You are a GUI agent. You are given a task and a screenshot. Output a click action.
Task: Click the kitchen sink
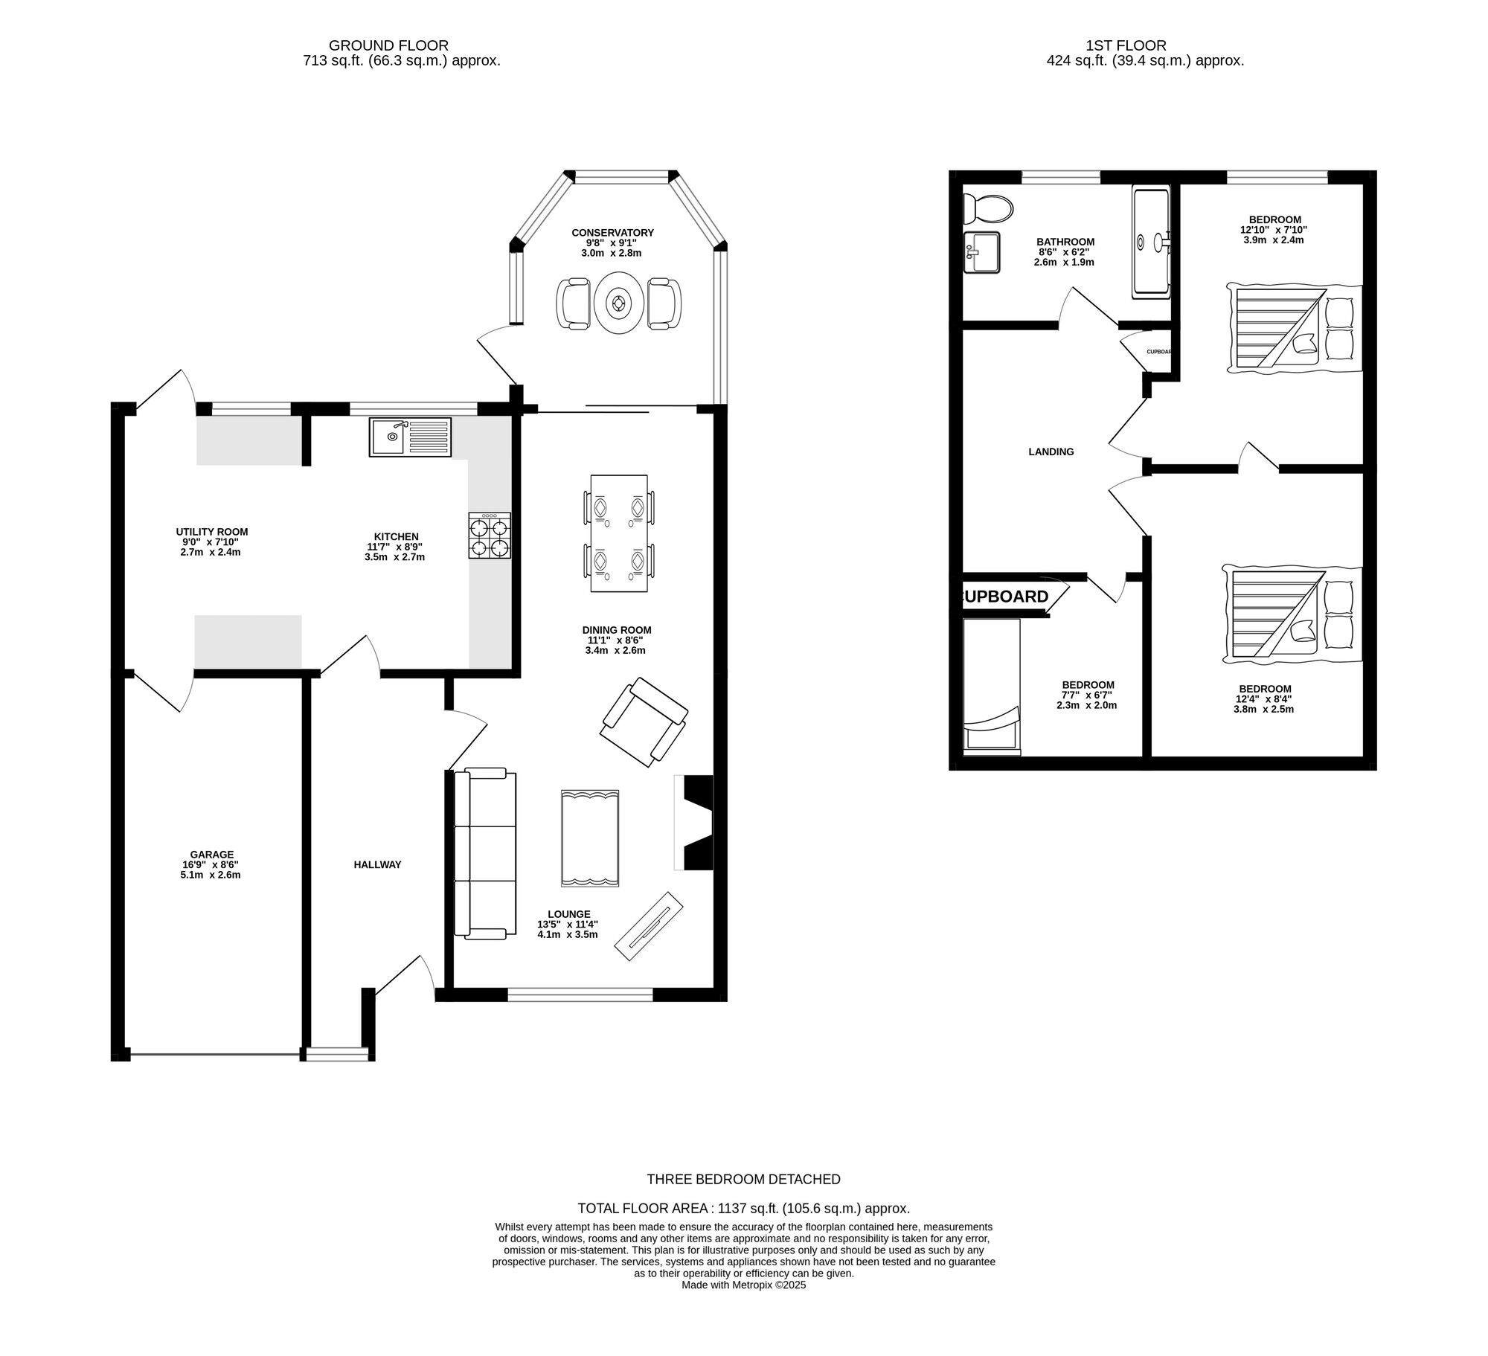click(410, 437)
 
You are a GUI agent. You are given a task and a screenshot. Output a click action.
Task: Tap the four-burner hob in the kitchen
click(490, 536)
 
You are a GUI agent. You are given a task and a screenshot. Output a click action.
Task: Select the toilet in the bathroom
click(987, 208)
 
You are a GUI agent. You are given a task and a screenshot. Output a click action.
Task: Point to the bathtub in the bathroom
click(1151, 242)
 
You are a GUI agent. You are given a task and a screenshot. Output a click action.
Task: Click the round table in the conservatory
click(618, 303)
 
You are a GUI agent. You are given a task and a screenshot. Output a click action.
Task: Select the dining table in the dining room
click(619, 533)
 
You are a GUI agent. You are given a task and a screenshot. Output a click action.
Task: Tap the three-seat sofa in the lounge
click(485, 854)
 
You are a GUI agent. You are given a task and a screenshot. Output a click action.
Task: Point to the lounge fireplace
click(694, 823)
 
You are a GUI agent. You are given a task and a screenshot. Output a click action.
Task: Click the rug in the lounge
click(590, 838)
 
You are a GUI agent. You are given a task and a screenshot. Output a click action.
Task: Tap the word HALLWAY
click(377, 864)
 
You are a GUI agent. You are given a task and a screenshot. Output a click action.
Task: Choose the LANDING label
click(1051, 452)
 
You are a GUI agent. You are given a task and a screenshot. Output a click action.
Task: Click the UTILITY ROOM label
click(212, 532)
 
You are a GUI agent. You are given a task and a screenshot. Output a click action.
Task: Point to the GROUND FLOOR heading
click(388, 45)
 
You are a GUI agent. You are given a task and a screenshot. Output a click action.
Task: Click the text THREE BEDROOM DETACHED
click(744, 1179)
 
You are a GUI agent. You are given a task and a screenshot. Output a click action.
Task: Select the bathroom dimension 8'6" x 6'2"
click(1064, 252)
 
